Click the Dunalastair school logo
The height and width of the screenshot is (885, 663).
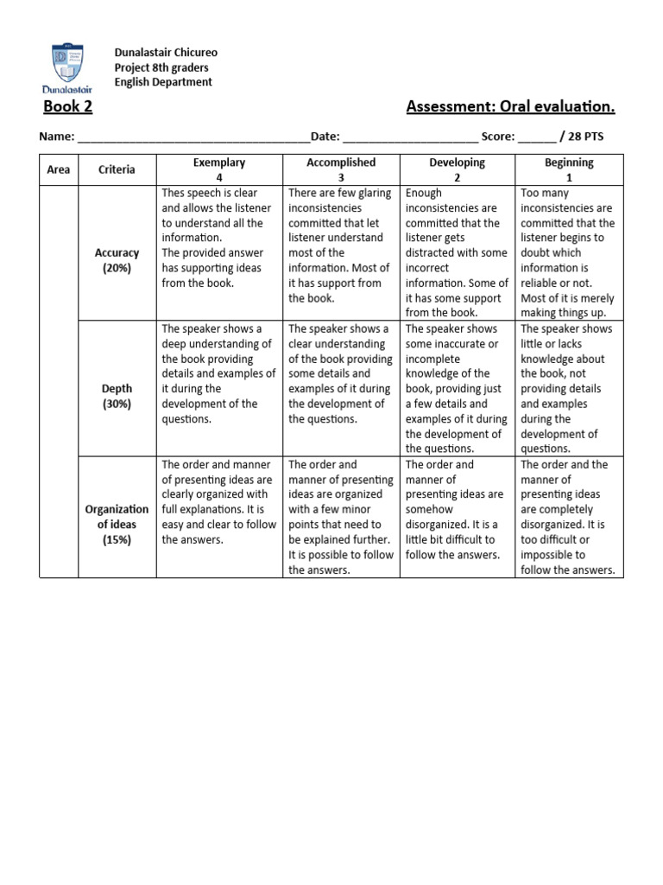(x=66, y=67)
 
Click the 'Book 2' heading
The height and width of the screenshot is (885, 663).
(x=67, y=106)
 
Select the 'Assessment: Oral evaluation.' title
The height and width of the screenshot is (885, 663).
(x=510, y=106)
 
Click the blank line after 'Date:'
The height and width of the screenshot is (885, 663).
(x=410, y=137)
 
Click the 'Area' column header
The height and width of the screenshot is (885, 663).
(x=59, y=169)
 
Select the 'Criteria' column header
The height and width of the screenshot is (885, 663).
(x=117, y=169)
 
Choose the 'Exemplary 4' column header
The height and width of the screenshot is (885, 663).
(x=219, y=169)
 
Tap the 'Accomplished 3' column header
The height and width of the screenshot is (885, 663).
(x=341, y=169)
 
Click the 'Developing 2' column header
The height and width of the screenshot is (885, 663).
(x=457, y=169)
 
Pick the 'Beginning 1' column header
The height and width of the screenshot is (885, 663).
(x=569, y=169)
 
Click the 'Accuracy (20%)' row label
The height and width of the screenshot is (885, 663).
(x=117, y=260)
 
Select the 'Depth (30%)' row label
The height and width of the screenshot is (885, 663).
(x=117, y=397)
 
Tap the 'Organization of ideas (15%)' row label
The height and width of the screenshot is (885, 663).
(x=117, y=525)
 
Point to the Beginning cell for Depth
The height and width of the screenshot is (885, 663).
(x=569, y=388)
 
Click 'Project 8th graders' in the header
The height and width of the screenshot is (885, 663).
(x=162, y=67)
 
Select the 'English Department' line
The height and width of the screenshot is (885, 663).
(x=163, y=82)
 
